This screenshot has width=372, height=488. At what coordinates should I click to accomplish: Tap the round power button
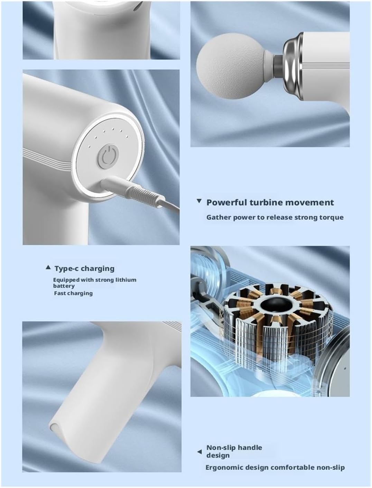(x=108, y=157)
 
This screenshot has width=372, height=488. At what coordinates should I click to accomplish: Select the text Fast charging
(x=73, y=293)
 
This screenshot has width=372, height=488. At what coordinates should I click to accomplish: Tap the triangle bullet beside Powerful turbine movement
(x=199, y=201)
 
